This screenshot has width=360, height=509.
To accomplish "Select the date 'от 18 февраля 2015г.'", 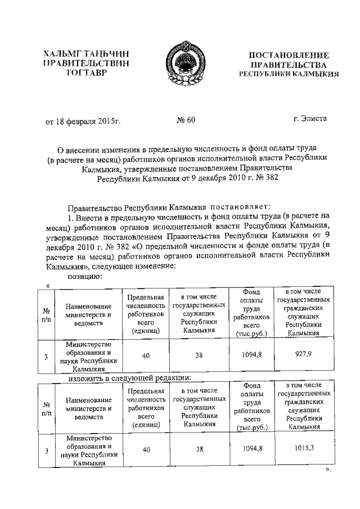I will tap(84, 120).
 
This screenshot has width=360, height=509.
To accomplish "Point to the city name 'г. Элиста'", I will tap(309, 119).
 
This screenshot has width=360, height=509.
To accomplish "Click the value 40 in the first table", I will tap(146, 355).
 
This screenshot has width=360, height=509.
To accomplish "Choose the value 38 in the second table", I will tap(199, 449).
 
